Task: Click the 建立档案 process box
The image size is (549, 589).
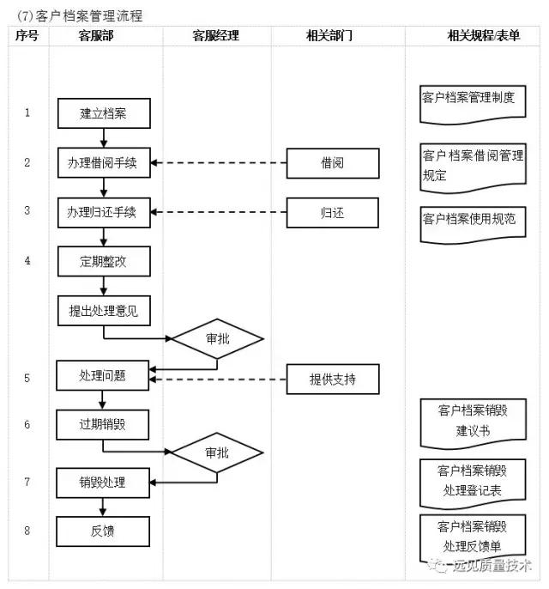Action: [103, 112]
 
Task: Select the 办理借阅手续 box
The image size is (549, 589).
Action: [103, 162]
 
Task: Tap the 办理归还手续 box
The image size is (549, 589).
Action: [103, 212]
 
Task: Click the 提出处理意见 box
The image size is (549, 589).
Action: [103, 311]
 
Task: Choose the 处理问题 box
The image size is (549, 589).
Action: [103, 375]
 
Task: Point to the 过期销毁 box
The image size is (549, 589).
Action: [103, 424]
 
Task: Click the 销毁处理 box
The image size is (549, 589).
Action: [103, 483]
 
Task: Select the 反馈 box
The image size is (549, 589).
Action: [103, 531]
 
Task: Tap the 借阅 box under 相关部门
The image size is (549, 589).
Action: [332, 162]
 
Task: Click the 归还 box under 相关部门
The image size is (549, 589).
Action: [332, 212]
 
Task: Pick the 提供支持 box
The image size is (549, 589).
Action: [332, 379]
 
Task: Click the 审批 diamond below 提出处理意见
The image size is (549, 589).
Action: [217, 338]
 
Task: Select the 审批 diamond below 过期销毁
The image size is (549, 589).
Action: [217, 452]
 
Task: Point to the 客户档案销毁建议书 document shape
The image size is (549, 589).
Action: [473, 421]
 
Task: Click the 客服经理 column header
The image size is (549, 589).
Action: [215, 36]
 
